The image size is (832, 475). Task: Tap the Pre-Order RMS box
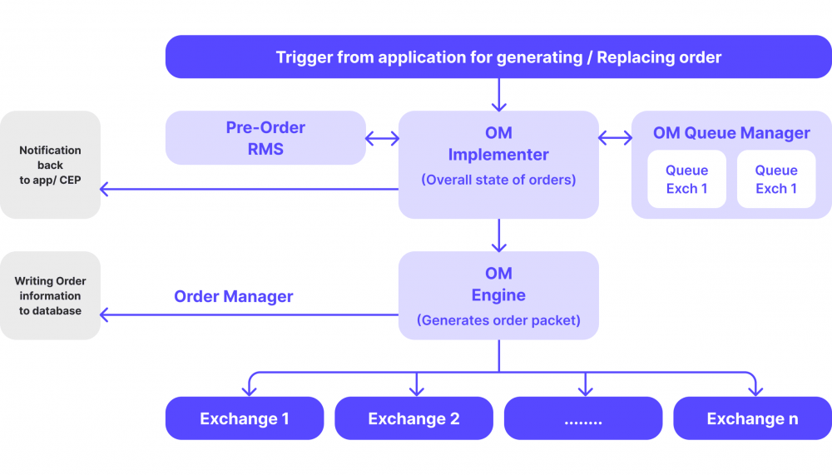point(265,138)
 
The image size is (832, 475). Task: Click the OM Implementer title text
point(498,143)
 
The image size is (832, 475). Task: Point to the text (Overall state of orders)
point(498,179)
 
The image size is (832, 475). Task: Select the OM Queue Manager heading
point(730,133)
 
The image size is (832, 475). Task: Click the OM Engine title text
point(498,284)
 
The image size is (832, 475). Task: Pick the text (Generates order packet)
point(498,320)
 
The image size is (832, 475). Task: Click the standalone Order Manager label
point(234,296)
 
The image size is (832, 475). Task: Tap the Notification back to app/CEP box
point(50,165)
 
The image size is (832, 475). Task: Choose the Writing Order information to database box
point(50,295)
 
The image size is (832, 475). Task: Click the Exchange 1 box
point(245,418)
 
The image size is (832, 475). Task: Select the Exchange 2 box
point(414,418)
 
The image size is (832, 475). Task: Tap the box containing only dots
point(583,418)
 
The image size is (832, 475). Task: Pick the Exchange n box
point(752,418)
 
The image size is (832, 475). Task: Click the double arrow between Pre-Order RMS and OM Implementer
point(382,138)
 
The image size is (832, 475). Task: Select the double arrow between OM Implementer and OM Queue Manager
point(615,138)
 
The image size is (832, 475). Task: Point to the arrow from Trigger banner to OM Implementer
point(498,94)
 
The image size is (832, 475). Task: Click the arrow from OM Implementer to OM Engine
point(498,235)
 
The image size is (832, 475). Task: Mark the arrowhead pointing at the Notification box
point(105,190)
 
